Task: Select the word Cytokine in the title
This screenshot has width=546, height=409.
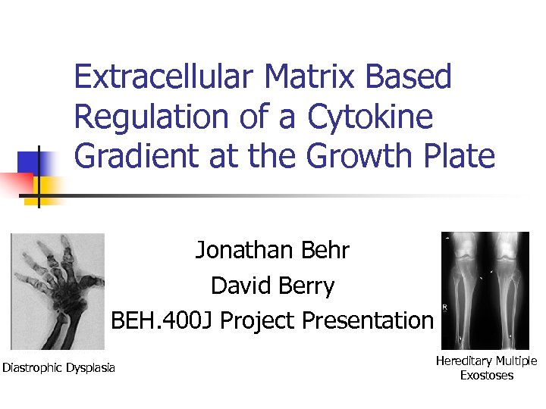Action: pos(370,117)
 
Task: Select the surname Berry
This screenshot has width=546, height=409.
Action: pos(305,286)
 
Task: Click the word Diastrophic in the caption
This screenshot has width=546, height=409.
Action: pos(33,368)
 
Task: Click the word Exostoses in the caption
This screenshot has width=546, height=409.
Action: pos(487,375)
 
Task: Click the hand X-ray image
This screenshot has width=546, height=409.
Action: pos(58,292)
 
